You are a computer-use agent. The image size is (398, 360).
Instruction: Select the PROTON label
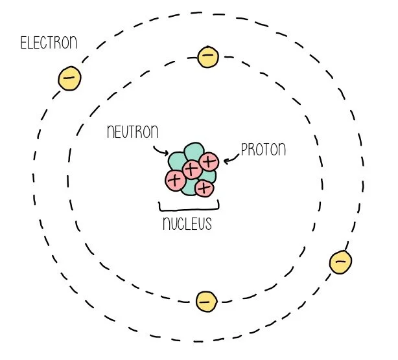[263, 150]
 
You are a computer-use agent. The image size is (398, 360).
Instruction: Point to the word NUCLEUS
[187, 225]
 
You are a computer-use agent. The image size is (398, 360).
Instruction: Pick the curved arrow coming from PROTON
[231, 159]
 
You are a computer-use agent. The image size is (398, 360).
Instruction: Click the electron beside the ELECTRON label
[69, 78]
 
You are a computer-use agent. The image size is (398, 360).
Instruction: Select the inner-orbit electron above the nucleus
[207, 56]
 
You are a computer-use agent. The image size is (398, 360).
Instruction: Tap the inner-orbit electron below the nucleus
[205, 301]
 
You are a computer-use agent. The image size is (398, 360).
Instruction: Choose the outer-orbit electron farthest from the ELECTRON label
[341, 262]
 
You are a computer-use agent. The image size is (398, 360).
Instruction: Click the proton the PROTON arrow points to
[209, 161]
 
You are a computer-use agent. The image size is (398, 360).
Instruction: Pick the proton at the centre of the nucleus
[191, 170]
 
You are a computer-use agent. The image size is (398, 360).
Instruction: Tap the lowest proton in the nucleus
[204, 188]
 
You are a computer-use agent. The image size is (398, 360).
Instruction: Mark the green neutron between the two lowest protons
[189, 186]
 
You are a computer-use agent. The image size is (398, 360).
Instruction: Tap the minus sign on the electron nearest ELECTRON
[69, 78]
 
